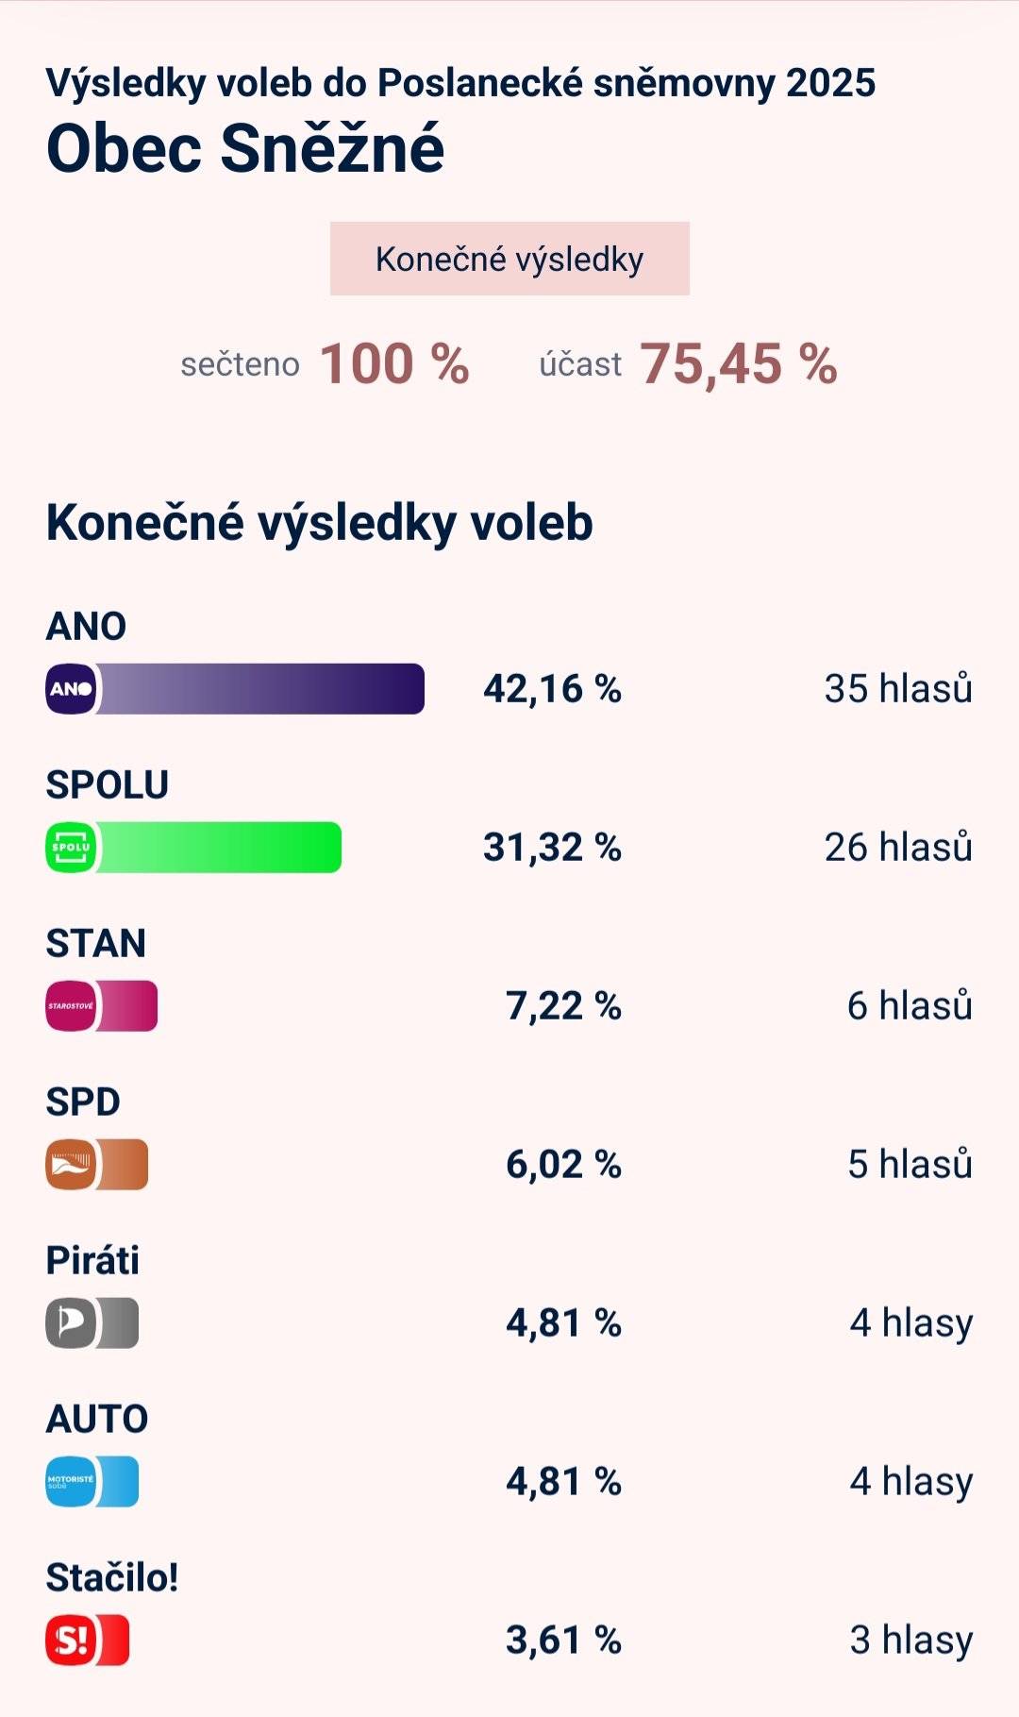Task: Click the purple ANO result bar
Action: (x=259, y=689)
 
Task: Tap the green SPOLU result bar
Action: (x=218, y=848)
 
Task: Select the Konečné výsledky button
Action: (x=509, y=259)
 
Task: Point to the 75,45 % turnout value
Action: (x=738, y=363)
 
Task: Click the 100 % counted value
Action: (x=393, y=363)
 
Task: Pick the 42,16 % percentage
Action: (x=552, y=689)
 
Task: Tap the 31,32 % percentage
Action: (x=552, y=848)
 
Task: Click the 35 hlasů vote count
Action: (x=897, y=689)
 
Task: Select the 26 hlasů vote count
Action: (x=897, y=848)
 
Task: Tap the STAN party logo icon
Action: (x=71, y=1006)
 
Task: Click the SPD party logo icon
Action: (x=71, y=1165)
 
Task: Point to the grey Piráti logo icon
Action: (x=71, y=1323)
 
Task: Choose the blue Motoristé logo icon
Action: (x=71, y=1482)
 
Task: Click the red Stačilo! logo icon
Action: (x=71, y=1641)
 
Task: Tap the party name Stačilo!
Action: (x=112, y=1577)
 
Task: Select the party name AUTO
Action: (x=97, y=1419)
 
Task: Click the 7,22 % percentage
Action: (x=563, y=1006)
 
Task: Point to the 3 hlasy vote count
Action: (x=910, y=1641)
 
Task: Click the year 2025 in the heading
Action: (x=830, y=83)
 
